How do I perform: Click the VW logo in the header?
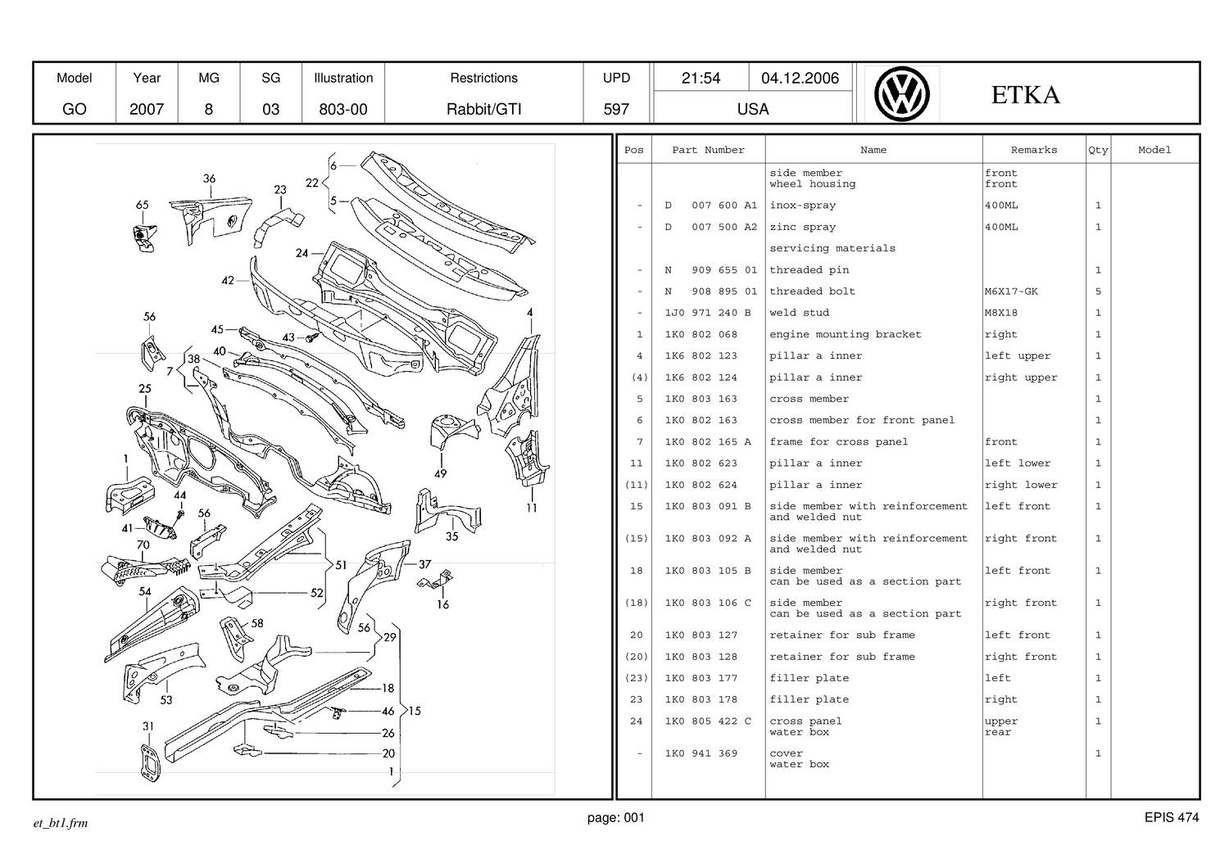(x=901, y=94)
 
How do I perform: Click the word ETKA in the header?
(x=1025, y=95)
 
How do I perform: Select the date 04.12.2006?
(x=800, y=78)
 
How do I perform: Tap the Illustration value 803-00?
(x=343, y=109)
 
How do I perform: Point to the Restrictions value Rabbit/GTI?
(x=483, y=109)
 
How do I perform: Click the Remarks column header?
(x=1034, y=150)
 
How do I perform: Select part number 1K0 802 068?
(x=701, y=334)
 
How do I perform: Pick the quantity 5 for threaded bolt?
(x=1098, y=292)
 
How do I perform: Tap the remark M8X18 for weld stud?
(x=1000, y=313)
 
